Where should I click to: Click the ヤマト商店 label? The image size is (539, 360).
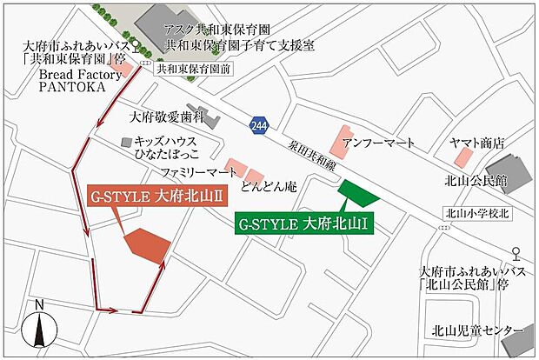476,143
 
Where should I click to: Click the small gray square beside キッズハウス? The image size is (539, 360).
128,141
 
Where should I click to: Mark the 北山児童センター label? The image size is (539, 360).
476,331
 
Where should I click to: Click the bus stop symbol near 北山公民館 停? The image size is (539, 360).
517,255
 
